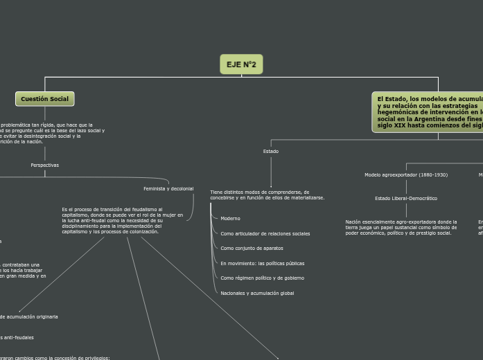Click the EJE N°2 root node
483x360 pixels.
tap(241, 64)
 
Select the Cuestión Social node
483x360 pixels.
tap(44, 99)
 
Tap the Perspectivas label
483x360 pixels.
tap(45, 165)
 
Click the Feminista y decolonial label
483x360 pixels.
tap(168, 188)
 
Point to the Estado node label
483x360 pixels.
tap(271, 151)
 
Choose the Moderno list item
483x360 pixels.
tap(230, 218)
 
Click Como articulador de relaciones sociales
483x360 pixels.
tap(265, 233)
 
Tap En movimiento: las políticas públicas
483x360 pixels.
tap(262, 263)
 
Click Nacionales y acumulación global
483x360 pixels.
tap(257, 293)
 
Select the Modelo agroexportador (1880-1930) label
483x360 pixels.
tap(406, 175)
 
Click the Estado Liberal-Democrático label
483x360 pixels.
tap(406, 198)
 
